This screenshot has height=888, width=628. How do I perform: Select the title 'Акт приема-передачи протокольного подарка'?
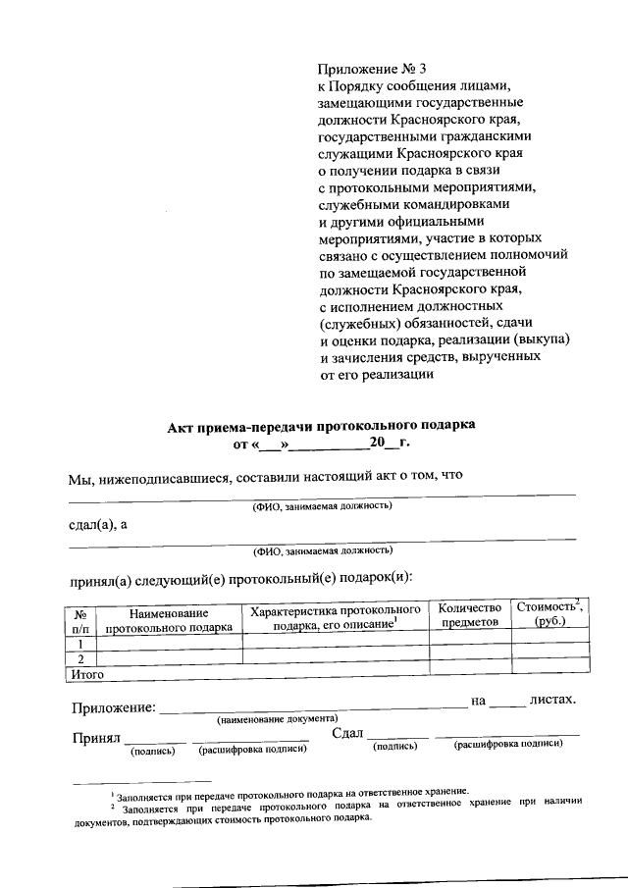pyautogui.click(x=321, y=425)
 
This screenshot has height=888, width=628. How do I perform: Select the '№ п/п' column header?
pyautogui.click(x=80, y=617)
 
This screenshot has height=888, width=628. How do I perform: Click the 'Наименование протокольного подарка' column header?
pyautogui.click(x=168, y=617)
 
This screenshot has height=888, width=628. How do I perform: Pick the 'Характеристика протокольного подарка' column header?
pyautogui.click(x=335, y=617)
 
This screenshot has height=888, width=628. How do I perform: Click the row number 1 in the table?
pyautogui.click(x=80, y=643)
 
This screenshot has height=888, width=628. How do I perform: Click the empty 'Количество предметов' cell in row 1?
pyautogui.click(x=470, y=643)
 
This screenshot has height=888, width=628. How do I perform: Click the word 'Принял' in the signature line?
pyautogui.click(x=95, y=737)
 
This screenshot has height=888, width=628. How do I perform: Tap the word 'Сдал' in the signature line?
pyautogui.click(x=347, y=734)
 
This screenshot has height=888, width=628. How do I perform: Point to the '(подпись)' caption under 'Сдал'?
pyautogui.click(x=395, y=747)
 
